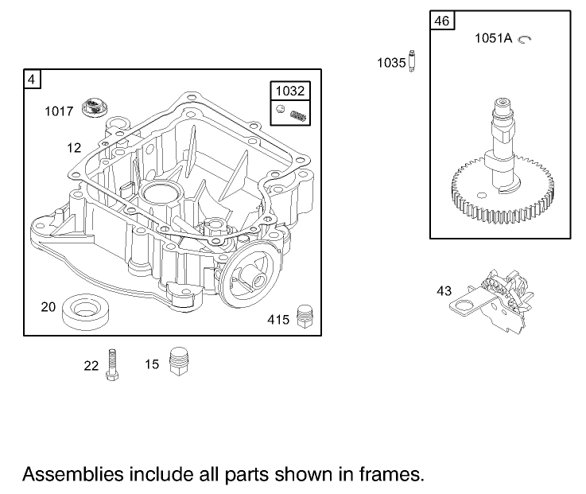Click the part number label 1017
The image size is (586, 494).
coord(58,111)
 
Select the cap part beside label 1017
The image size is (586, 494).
coord(95,106)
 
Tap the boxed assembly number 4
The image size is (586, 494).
coord(32,79)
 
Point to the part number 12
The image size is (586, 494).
coord(74,148)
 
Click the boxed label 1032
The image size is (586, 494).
coord(290,92)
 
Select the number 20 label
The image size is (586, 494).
coord(49,306)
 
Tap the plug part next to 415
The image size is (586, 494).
coord(302,317)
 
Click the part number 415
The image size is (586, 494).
coord(277,320)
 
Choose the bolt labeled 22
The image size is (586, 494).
coord(112,363)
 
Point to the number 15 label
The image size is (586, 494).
coord(152,364)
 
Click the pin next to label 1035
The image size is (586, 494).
coord(412,60)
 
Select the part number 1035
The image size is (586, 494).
coord(391,62)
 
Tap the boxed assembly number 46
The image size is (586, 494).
coord(442,20)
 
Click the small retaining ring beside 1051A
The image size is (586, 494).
coord(524,38)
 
